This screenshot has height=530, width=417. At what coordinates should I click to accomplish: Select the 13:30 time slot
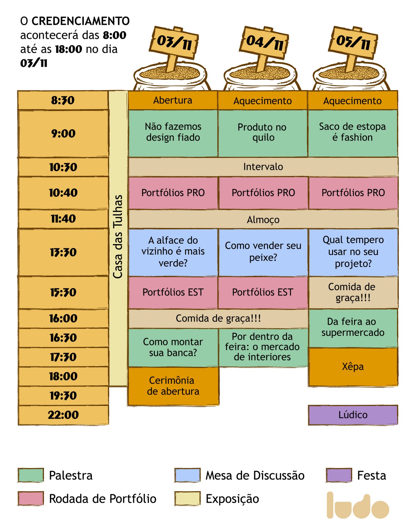[x=63, y=252]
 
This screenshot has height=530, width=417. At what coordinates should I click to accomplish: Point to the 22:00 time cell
[x=63, y=415]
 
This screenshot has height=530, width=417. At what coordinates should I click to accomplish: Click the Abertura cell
[x=173, y=100]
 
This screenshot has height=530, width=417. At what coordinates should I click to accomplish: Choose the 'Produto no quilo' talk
[x=263, y=132]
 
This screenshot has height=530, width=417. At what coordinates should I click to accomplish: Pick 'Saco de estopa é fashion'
[x=353, y=132]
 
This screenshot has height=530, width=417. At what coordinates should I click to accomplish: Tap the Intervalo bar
[x=263, y=167]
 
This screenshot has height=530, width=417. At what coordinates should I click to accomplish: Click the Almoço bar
[x=263, y=219]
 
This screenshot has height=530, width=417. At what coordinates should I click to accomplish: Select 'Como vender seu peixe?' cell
[x=263, y=252]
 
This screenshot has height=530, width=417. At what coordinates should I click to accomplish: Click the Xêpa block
[x=353, y=367]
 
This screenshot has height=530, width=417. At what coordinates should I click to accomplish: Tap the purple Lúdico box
[x=353, y=415]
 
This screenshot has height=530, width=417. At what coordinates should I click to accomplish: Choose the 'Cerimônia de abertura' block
[x=173, y=386]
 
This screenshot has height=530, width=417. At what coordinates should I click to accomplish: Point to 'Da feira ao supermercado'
[x=353, y=327]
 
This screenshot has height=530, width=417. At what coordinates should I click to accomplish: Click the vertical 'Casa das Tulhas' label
[x=118, y=237]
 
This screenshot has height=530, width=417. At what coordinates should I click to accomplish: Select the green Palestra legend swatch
[x=31, y=475]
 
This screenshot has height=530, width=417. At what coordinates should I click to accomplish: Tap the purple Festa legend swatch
[x=339, y=475]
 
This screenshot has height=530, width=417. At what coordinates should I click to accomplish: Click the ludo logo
[x=357, y=506]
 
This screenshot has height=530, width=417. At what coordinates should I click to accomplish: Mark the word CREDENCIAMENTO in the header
[x=81, y=21]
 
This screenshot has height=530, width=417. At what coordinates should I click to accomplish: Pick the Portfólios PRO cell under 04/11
[x=263, y=193]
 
